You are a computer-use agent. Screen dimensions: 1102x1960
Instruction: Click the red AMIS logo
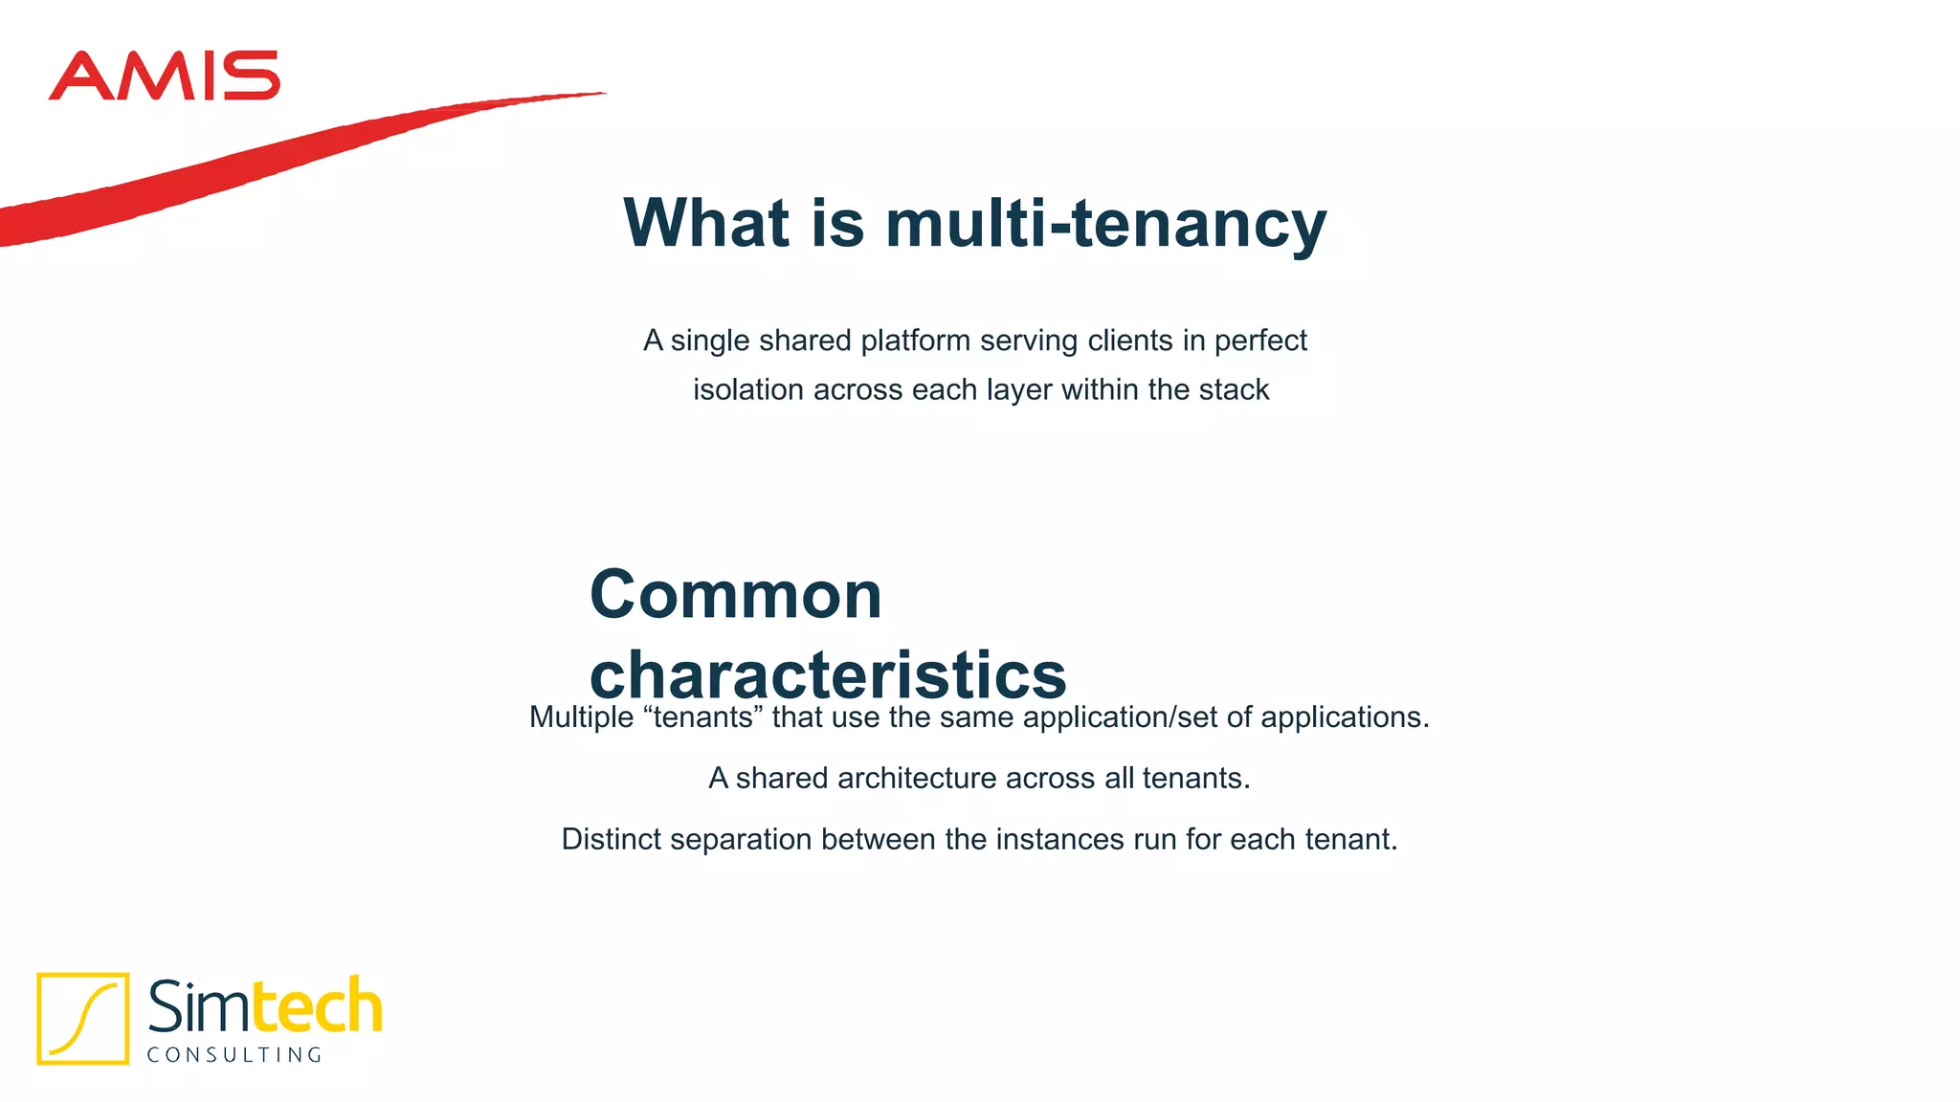pos(164,77)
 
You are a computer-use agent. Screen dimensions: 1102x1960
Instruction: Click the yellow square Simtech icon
pos(83,1018)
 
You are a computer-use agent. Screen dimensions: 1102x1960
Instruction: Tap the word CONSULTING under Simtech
pos(234,1055)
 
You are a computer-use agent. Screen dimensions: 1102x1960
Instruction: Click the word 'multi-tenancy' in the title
pos(1105,223)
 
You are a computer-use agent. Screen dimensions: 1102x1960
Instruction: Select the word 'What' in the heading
pos(706,223)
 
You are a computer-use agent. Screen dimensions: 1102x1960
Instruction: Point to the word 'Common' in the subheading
pos(735,595)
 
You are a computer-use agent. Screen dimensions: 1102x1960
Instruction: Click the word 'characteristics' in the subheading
pos(828,674)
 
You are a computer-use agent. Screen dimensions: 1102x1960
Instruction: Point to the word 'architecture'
pos(916,779)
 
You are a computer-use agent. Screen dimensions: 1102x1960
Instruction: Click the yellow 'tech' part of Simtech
pos(317,1007)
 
